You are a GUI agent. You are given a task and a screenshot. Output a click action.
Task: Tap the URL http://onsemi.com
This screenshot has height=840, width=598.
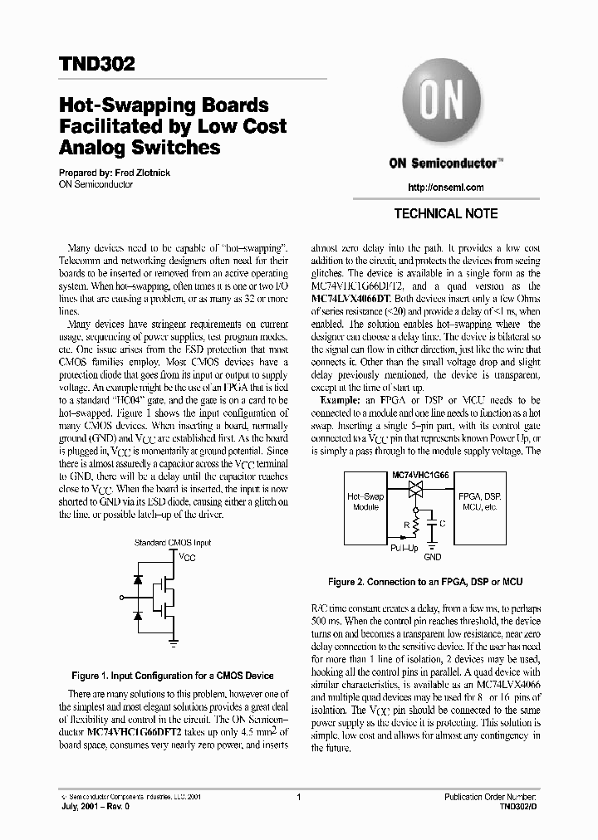pos(446,188)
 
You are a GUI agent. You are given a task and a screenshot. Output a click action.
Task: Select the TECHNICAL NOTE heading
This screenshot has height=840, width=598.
pos(446,214)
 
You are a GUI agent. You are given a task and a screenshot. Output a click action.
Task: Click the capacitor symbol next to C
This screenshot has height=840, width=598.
pos(432,525)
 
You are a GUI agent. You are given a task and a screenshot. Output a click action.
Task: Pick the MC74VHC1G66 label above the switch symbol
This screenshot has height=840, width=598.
pos(419,473)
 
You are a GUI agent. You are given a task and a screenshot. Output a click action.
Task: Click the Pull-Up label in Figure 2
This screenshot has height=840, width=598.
pos(405,548)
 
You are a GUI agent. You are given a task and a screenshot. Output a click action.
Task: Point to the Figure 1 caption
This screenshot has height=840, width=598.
pos(173,675)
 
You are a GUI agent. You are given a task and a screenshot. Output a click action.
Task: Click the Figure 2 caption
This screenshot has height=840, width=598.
pos(425,583)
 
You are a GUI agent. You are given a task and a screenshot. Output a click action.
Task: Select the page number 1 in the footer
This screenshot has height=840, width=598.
pos(297,797)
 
